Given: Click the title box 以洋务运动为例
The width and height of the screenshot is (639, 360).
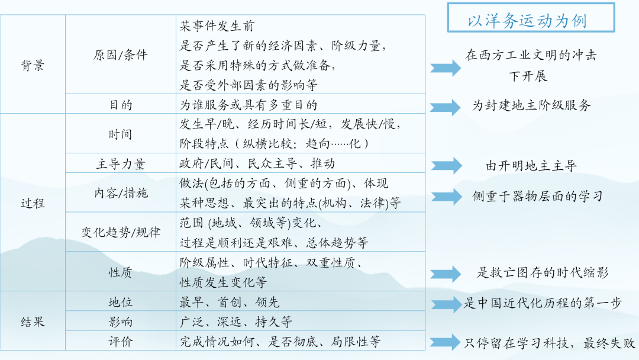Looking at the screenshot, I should [x=530, y=21].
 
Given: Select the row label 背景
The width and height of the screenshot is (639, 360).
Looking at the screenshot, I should [x=33, y=65].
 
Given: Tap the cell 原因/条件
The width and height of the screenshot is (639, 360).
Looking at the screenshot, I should [x=120, y=55].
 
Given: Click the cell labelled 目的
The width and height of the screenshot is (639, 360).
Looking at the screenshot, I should [x=120, y=105].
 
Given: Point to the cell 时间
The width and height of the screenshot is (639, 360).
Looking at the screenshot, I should [x=120, y=134].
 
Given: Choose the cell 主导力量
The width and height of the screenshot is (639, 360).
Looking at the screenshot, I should [x=120, y=164].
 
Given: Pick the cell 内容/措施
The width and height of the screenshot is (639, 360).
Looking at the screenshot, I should [x=120, y=193].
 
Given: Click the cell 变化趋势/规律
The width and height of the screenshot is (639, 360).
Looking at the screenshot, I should [x=120, y=232].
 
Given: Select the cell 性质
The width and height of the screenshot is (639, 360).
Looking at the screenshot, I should [x=120, y=272].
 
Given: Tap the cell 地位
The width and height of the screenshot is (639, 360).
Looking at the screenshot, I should [x=120, y=302].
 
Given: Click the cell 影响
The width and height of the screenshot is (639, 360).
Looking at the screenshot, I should [x=120, y=322].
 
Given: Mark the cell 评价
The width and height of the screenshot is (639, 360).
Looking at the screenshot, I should [x=120, y=342].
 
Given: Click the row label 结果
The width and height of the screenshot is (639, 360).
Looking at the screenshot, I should [x=33, y=322].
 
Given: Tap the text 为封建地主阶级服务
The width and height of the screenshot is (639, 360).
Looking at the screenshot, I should [x=531, y=105].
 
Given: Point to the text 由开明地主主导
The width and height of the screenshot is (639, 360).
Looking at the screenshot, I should [x=531, y=166].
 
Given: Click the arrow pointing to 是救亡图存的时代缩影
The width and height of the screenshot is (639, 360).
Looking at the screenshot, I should [x=445, y=273].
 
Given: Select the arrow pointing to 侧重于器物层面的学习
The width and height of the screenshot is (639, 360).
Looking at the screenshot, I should [x=445, y=196].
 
